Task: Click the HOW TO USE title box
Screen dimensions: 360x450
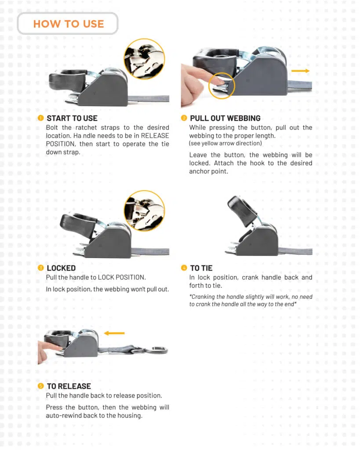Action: (x=68, y=24)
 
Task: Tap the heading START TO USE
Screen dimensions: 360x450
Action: (x=72, y=118)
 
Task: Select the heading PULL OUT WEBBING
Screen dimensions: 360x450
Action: (x=225, y=118)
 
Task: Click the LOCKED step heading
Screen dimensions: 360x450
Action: (x=61, y=268)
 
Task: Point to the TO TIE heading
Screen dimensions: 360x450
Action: (x=201, y=268)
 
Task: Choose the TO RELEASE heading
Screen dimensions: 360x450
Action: (x=69, y=386)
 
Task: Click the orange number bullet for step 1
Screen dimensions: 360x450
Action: (x=41, y=118)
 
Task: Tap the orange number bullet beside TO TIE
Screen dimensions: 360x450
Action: (x=184, y=268)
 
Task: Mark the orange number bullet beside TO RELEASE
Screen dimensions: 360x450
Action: (x=41, y=386)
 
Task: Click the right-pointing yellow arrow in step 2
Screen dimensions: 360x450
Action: (x=300, y=71)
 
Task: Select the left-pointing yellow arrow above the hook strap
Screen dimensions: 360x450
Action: (x=114, y=333)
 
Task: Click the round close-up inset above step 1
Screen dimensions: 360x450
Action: (x=145, y=59)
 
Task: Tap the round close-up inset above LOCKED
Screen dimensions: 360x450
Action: (x=145, y=210)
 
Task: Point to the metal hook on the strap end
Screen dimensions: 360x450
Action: (x=156, y=350)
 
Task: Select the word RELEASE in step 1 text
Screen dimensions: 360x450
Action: (x=155, y=136)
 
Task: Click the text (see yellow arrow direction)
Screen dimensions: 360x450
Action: (x=225, y=143)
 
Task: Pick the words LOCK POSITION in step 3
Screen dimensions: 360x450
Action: (x=122, y=278)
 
